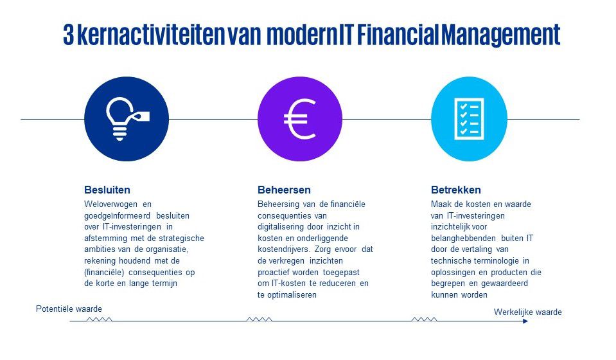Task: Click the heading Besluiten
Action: [107, 190]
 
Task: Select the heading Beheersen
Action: [284, 190]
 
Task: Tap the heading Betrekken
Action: [455, 190]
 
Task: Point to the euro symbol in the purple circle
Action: [300, 119]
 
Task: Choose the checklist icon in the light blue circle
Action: [469, 119]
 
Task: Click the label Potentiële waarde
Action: [69, 309]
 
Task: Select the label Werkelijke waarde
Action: [527, 312]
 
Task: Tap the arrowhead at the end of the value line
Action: [525, 321]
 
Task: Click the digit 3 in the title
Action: [68, 35]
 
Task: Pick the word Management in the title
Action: [500, 35]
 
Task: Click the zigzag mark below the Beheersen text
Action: [259, 319]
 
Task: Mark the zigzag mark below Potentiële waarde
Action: [99, 319]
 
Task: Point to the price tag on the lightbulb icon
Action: [141, 116]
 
